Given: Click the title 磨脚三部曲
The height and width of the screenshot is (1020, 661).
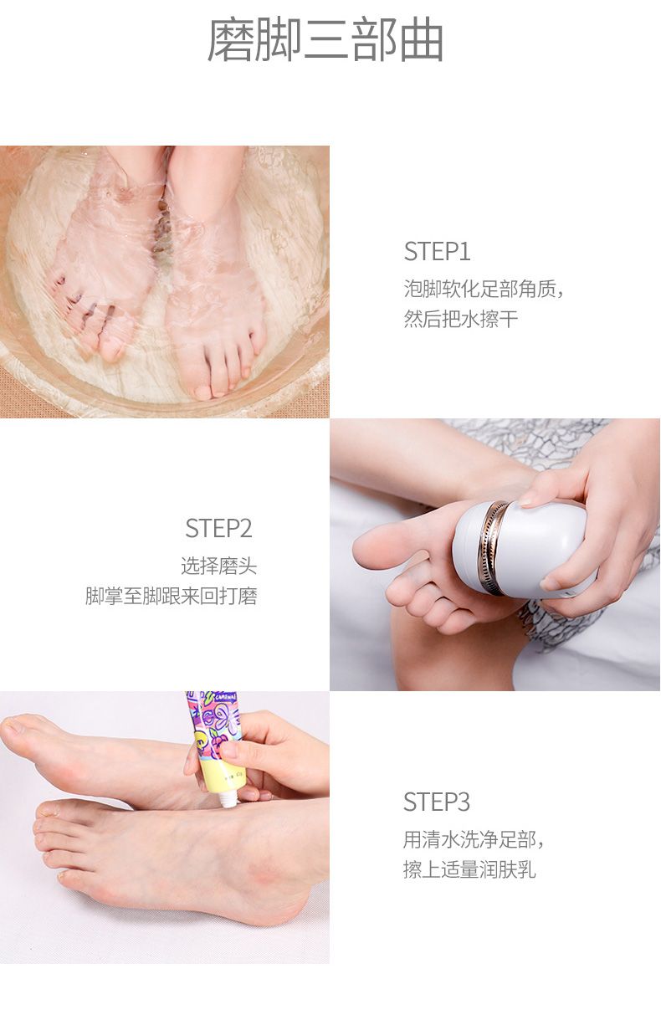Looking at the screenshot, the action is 325,40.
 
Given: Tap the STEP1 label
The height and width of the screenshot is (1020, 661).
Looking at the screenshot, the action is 437,251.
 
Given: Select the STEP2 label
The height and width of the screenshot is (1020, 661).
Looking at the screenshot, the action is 218,528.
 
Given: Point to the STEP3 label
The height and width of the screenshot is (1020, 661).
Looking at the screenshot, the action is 436,802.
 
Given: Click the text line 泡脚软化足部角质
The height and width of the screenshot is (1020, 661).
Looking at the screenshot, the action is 479,289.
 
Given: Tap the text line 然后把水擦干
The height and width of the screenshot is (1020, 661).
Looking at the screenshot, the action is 461,318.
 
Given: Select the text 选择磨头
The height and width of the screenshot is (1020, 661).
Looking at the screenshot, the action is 219,566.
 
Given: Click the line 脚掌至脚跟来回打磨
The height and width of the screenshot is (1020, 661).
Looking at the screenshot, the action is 172,596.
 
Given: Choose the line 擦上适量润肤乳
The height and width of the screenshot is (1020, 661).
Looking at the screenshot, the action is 469,869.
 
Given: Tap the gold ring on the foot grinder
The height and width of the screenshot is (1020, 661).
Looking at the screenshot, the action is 492,548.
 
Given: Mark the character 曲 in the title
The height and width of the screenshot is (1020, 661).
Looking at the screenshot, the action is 422,40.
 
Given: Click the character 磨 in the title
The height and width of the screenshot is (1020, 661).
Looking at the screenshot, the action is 230,40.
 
